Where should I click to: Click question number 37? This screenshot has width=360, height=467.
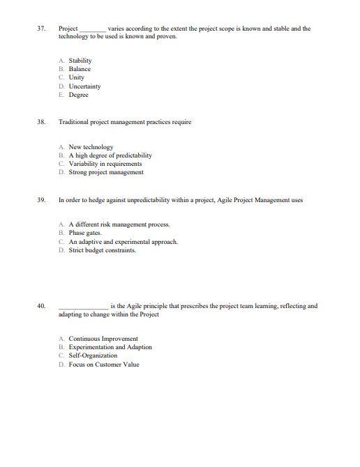42,29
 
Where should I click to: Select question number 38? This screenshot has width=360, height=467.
42,122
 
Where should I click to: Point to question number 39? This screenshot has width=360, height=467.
42,200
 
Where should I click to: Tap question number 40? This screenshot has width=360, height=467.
42,306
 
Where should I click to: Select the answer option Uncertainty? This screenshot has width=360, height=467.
84,86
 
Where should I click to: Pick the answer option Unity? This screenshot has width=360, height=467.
76,78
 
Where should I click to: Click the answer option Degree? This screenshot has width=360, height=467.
78,95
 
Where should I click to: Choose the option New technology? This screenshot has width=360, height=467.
90,147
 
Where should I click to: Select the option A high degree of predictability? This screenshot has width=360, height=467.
110,155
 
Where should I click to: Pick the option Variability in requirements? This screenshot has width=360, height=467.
105,164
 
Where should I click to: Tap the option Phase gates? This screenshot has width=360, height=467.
84,233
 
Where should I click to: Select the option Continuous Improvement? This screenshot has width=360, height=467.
103,339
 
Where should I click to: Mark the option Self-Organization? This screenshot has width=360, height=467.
93,355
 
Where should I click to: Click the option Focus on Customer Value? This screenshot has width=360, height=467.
103,364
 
